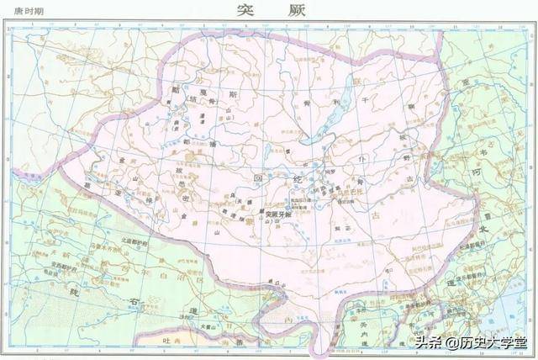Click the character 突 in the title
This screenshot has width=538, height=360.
tap(245, 11)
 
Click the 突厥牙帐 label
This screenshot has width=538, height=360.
tap(278, 215)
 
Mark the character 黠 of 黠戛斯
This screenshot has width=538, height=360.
tap(178, 87)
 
